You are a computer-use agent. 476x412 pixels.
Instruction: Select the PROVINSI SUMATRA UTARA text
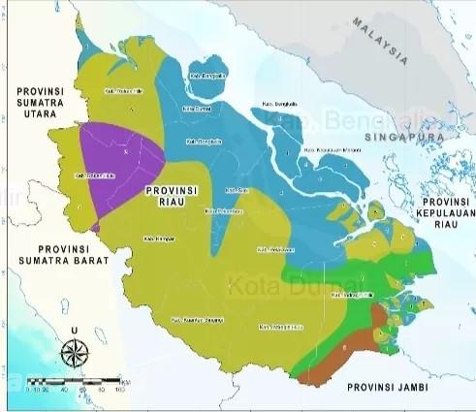click(41, 100)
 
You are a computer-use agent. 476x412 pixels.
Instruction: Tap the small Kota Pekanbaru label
click(222, 208)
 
